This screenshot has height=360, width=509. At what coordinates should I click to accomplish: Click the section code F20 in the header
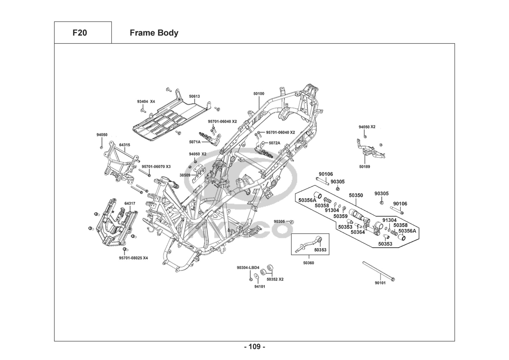[79, 33]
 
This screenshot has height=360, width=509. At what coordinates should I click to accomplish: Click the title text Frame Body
[154, 33]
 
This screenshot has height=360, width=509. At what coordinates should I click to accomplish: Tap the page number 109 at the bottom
[254, 347]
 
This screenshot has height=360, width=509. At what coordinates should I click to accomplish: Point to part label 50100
[259, 94]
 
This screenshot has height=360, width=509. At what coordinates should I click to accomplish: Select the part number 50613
[195, 96]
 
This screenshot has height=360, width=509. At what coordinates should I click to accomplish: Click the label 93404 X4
[146, 102]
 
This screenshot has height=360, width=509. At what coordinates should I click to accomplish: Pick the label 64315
[124, 145]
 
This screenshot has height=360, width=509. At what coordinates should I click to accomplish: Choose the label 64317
[130, 203]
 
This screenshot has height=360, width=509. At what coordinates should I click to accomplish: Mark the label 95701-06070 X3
[156, 167]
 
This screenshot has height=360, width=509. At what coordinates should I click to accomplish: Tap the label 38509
[185, 175]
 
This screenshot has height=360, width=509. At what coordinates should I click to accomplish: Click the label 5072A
[274, 143]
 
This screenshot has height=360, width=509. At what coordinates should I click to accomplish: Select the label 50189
[364, 167]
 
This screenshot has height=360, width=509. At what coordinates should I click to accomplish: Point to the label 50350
[356, 195]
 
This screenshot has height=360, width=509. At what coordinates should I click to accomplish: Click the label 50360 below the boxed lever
[308, 263]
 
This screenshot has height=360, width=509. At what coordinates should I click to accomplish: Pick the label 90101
[380, 283]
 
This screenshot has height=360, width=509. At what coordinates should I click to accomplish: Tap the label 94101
[260, 287]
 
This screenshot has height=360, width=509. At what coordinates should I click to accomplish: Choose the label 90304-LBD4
[248, 268]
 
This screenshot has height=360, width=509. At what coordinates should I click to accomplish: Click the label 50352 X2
[275, 279]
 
